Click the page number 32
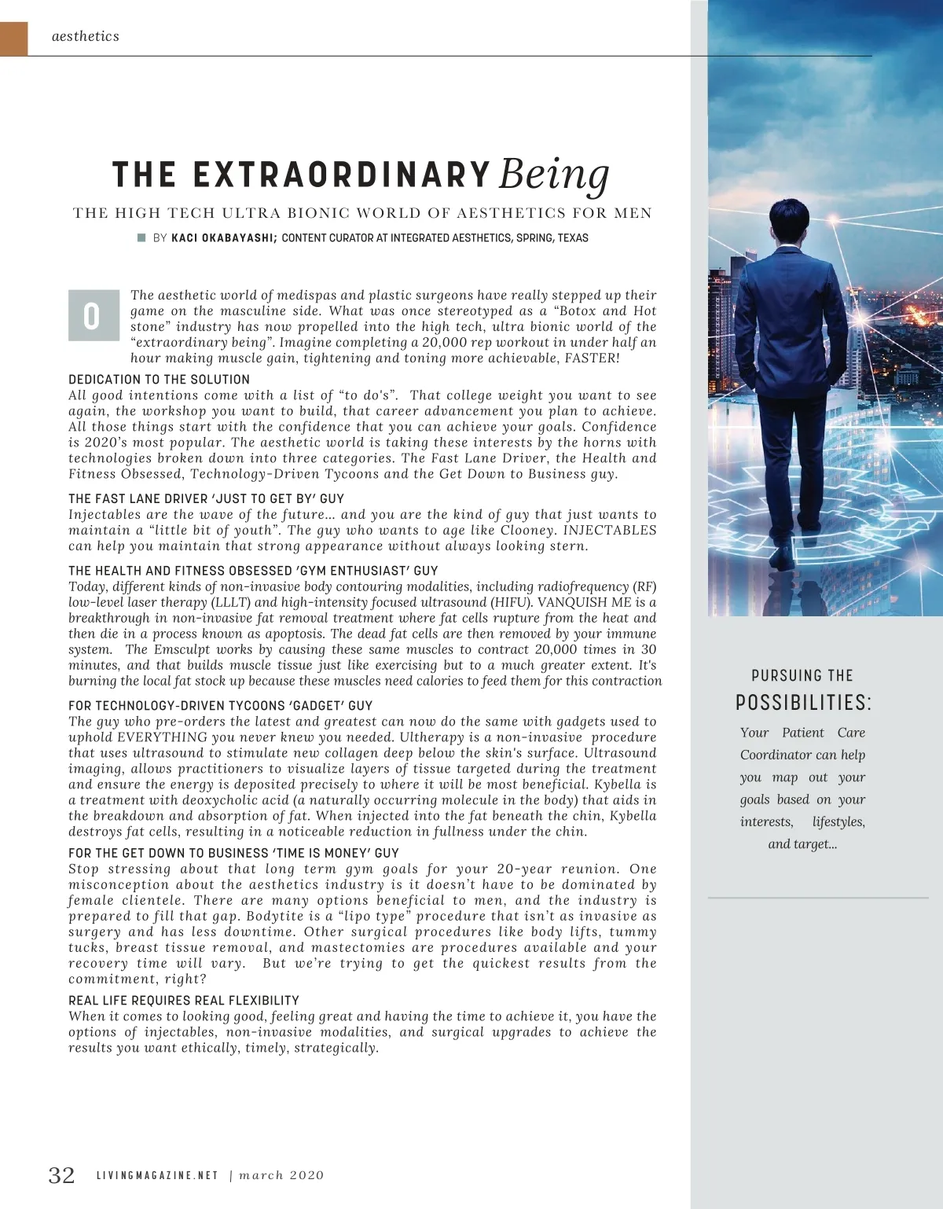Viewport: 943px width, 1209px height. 62,1175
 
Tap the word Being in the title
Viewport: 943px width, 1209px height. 554,173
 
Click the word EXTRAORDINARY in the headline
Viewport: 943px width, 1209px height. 342,175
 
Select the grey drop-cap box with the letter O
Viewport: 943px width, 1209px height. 94,315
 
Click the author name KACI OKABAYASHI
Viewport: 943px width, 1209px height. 223,238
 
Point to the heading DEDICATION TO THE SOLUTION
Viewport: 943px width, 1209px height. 159,379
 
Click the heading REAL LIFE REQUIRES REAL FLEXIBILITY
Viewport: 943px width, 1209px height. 184,1000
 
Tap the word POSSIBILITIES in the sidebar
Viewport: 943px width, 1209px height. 802,702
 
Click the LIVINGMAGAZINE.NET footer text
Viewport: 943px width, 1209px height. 157,1175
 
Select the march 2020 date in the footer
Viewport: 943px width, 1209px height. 281,1175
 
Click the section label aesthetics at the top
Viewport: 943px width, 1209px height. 86,36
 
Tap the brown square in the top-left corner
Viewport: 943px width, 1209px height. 13,39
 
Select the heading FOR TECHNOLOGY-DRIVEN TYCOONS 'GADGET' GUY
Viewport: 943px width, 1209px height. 221,705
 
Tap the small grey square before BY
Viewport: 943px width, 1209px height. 141,237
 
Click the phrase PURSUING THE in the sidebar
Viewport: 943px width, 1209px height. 802,675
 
